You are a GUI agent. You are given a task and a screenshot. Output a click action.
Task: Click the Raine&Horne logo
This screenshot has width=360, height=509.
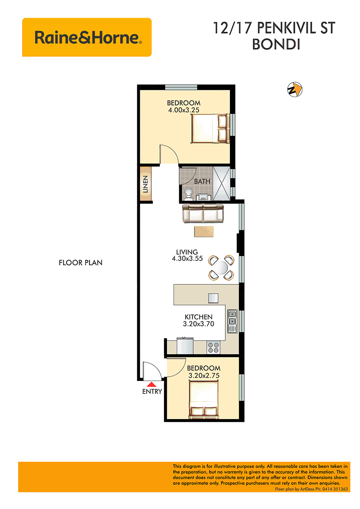pyautogui.click(x=87, y=37)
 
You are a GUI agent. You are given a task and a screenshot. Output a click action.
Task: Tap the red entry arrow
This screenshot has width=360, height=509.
pyautogui.click(x=152, y=384)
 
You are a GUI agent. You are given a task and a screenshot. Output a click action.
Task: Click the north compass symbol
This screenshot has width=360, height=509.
pyautogui.click(x=295, y=89)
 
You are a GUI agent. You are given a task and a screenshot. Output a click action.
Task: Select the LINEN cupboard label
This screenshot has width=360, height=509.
pyautogui.click(x=145, y=184)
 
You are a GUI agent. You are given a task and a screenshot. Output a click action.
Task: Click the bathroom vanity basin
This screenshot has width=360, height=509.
pyautogui.click(x=202, y=197)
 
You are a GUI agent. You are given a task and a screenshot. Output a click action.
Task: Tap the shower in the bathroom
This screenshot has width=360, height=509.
pyautogui.click(x=222, y=184)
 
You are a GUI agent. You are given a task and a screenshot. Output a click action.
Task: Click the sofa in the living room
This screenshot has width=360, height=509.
pyautogui.click(x=203, y=213)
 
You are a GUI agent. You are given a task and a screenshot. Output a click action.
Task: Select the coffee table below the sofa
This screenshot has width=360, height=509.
pyautogui.click(x=204, y=231)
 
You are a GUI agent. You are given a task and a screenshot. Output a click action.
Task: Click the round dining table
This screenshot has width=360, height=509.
pyautogui.click(x=221, y=268)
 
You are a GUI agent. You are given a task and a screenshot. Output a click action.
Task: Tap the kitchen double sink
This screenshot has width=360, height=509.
pyautogui.click(x=232, y=321)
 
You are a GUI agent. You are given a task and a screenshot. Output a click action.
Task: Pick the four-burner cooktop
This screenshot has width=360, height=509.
pyautogui.click(x=213, y=348)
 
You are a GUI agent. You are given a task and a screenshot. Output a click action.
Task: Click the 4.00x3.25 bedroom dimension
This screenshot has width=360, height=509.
pyautogui.click(x=183, y=110)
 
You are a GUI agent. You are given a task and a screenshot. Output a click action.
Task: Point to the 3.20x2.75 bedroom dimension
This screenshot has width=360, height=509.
pyautogui.click(x=204, y=375)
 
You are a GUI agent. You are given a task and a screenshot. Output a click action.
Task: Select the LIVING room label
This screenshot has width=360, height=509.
pyautogui.click(x=187, y=252)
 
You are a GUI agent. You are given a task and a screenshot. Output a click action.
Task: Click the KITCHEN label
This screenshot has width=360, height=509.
pyautogui.click(x=199, y=317)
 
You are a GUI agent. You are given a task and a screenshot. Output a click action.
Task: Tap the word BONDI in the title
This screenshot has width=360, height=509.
pyautogui.click(x=276, y=45)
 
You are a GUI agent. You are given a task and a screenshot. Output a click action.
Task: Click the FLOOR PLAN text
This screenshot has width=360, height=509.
pyautogui.click(x=80, y=263)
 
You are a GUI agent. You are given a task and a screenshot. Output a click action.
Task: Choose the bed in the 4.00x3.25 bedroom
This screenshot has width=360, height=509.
pyautogui.click(x=210, y=128)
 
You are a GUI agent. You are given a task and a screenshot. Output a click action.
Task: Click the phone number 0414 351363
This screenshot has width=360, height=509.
pyautogui.click(x=335, y=489)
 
